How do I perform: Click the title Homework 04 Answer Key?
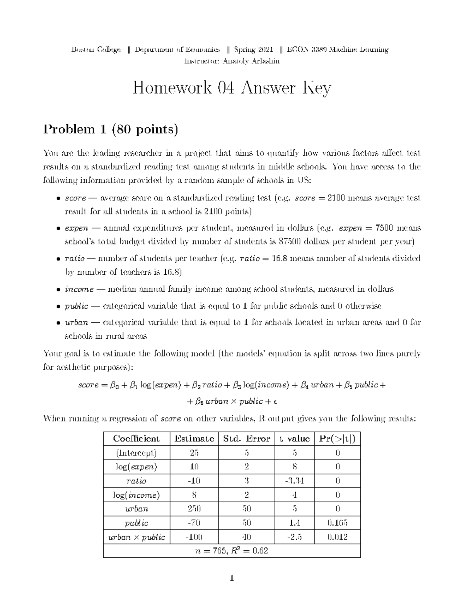[x=232, y=89]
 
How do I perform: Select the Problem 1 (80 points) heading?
[x=111, y=129]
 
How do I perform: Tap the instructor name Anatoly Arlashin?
[x=251, y=61]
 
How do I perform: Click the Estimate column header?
[x=194, y=438]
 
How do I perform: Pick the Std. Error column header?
[x=246, y=438]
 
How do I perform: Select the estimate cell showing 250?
[x=194, y=509]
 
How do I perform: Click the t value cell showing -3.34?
[x=295, y=481]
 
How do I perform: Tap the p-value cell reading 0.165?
[x=338, y=523]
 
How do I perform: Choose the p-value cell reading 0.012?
[x=338, y=537]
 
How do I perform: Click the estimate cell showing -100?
[x=194, y=537]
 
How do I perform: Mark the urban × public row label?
[x=136, y=537]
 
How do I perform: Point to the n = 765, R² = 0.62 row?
[x=232, y=551]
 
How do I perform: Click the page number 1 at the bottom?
[x=232, y=579]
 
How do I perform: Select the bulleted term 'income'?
[x=79, y=289]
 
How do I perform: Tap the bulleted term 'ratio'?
[x=75, y=259]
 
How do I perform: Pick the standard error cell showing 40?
[x=246, y=537]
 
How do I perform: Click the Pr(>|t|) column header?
[x=338, y=438]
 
